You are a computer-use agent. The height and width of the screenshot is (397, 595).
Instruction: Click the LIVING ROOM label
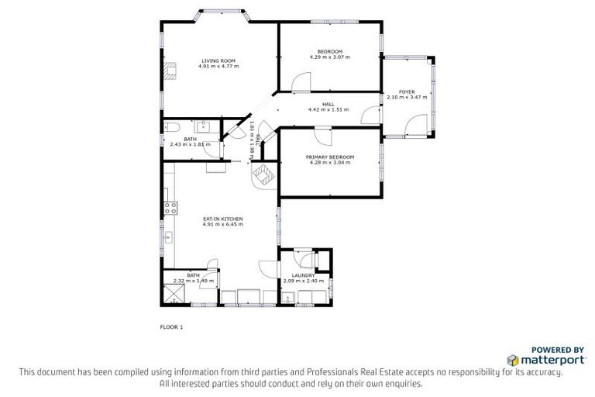click(x=218, y=60)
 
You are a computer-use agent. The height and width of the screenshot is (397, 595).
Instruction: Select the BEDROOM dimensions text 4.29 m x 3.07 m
click(x=329, y=57)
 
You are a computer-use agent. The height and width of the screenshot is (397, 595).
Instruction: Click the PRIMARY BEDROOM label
click(x=329, y=157)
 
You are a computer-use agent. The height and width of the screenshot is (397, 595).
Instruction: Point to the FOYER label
click(x=407, y=91)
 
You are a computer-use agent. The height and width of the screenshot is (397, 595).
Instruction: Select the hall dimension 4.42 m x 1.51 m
click(x=328, y=109)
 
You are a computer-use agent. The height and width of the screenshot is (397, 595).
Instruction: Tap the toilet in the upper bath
click(x=172, y=127)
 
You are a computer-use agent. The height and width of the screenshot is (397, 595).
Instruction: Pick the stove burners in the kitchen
click(x=170, y=207)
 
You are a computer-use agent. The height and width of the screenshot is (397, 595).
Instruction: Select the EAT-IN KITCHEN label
click(x=222, y=219)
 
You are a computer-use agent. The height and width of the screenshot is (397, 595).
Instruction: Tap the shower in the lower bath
click(x=174, y=292)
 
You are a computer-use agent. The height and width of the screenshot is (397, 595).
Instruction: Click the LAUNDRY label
click(x=303, y=275)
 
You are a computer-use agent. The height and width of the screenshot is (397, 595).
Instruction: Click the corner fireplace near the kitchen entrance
click(x=263, y=175)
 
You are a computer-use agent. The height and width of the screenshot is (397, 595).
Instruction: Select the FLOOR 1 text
click(x=170, y=327)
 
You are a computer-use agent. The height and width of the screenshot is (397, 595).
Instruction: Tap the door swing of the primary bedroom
click(x=324, y=136)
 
